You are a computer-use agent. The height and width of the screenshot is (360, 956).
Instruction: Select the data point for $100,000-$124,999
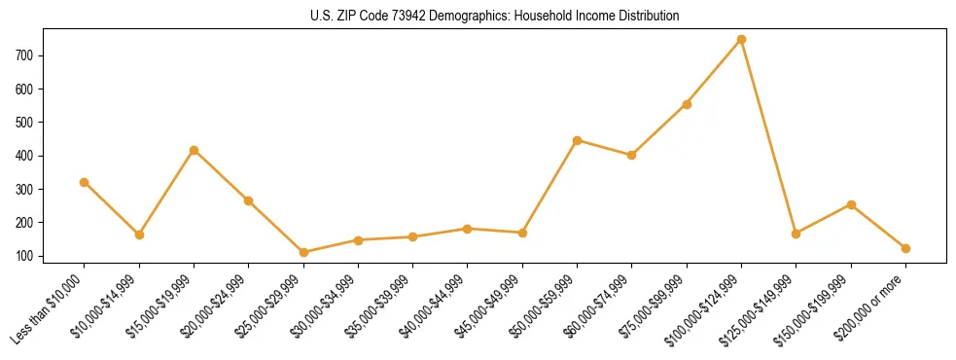pos(742,39)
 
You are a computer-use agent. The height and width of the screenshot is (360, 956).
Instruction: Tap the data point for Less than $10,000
pos(85,182)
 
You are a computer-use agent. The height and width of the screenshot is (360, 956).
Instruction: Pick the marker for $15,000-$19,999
pos(194,150)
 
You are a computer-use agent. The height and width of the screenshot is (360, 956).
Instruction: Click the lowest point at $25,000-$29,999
pos(303,252)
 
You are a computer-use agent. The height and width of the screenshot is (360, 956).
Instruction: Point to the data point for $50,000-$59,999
pos(578,140)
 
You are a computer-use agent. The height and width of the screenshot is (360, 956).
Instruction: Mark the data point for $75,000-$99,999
pos(687,104)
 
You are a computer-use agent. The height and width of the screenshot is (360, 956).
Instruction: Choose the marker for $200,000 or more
pos(905,248)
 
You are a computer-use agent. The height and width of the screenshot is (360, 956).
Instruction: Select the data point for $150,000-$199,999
pos(851,204)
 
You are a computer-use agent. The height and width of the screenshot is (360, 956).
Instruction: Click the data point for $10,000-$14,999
pos(139,234)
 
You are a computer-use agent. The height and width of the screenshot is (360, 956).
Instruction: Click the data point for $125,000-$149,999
pos(797,234)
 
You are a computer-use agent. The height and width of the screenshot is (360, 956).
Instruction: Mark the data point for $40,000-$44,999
pos(468,229)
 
